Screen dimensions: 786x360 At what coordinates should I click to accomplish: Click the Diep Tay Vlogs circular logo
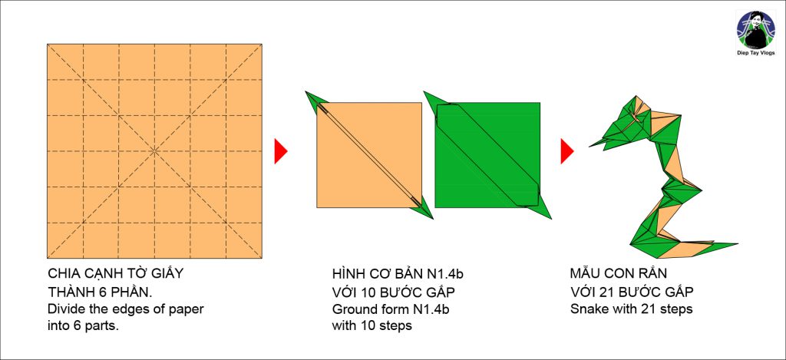click(756, 30)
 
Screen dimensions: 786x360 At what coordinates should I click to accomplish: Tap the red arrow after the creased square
click(281, 151)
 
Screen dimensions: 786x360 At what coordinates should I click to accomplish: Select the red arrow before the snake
click(567, 151)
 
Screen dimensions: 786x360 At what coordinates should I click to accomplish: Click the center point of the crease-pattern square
click(154, 151)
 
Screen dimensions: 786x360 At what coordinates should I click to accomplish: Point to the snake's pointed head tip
click(590, 147)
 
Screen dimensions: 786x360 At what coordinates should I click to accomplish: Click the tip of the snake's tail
click(737, 244)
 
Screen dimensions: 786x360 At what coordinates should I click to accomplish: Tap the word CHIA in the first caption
click(60, 274)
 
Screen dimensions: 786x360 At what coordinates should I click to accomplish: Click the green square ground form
click(487, 155)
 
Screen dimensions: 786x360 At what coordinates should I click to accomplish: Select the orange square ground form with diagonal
click(369, 155)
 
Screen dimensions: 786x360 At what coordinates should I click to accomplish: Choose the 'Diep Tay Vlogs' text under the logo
click(756, 53)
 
